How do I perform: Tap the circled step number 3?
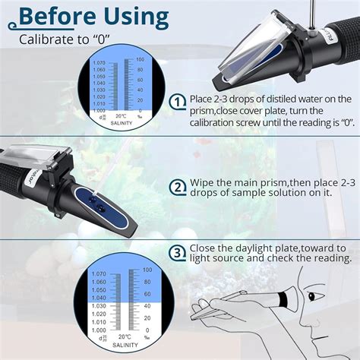point(177,253)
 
